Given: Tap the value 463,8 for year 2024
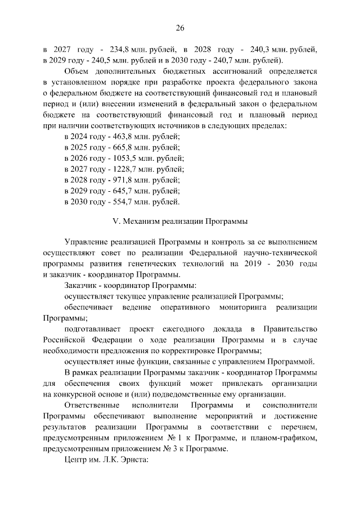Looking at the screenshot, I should pyautogui.click(x=120, y=136).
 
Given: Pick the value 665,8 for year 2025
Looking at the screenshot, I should pyautogui.click(x=120, y=147).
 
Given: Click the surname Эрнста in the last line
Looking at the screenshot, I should pyautogui.click(x=130, y=460).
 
